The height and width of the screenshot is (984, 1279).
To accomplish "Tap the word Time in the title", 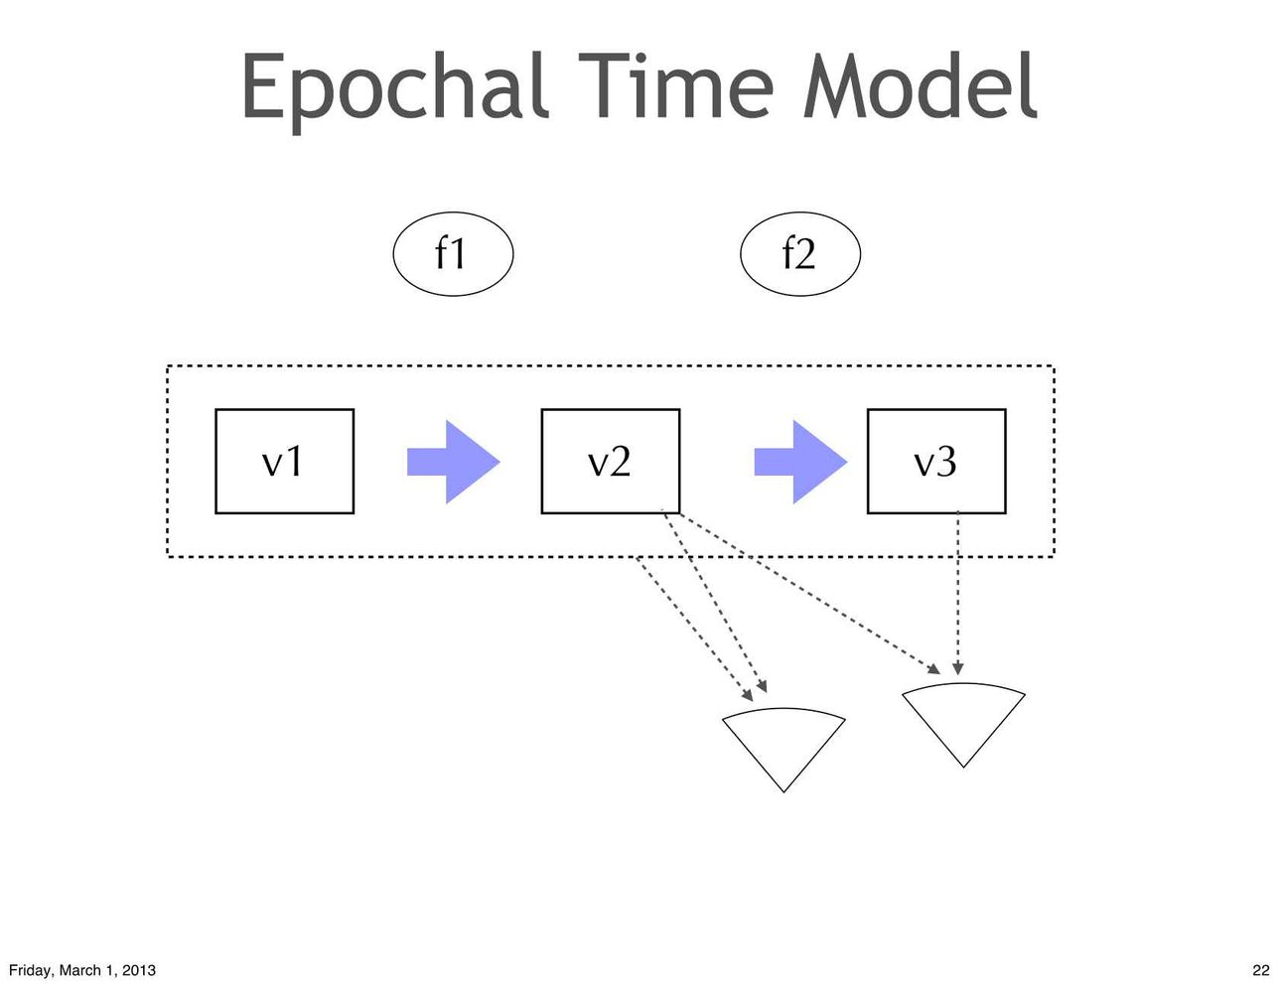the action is coord(675,85).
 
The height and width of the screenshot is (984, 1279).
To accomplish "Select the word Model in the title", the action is coord(920,85).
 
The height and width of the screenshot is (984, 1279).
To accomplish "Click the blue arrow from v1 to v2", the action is coord(454,462).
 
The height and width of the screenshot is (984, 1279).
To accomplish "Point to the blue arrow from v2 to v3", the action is coord(801,462).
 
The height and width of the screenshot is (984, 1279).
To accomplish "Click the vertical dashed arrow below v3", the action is coord(957,593).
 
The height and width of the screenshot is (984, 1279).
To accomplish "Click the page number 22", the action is coord(1261,970).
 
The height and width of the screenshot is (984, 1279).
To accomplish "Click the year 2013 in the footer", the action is coord(139,970).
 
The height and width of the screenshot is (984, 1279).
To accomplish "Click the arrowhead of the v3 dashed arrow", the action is coord(957,668).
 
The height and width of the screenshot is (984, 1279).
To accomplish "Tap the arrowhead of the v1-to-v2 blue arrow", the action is coord(473,462).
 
